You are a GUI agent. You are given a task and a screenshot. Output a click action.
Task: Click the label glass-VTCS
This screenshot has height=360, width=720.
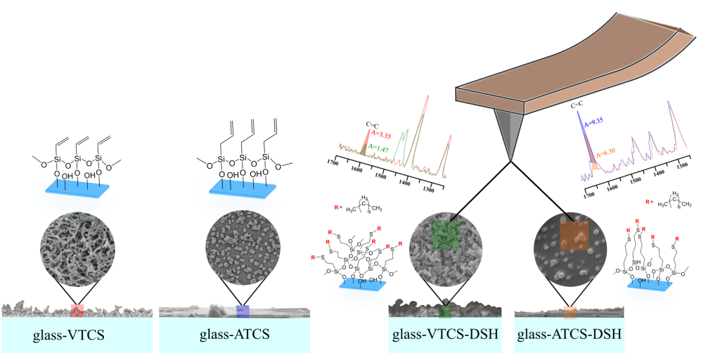tap(69, 335)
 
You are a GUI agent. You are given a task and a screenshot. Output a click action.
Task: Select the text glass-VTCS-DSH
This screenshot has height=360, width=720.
tap(445, 334)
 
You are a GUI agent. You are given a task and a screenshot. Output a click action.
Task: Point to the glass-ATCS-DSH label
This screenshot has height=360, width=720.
tap(570, 334)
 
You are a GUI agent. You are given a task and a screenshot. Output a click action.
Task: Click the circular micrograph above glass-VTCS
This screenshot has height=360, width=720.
tap(77, 248)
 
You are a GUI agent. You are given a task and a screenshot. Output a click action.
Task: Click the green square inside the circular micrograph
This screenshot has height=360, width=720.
tap(445, 235)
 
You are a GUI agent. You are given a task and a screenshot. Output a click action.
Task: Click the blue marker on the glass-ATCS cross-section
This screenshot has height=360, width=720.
tap(243, 311)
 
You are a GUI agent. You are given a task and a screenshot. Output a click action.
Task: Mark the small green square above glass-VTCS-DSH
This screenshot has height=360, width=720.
tap(444, 311)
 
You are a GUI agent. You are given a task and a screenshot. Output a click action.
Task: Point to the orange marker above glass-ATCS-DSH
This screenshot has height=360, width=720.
tap(570, 311)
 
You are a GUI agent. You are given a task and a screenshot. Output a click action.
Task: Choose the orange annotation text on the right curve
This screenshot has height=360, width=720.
tap(606, 151)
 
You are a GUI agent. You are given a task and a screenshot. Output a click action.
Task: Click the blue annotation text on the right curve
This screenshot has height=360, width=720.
tap(595, 122)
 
